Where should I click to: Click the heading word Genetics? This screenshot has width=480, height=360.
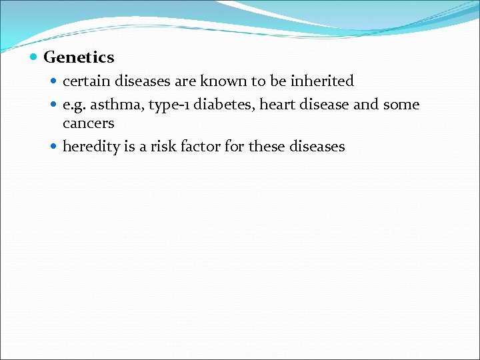tap(79, 58)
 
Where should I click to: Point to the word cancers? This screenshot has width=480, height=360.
tap(88, 123)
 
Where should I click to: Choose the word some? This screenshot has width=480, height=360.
tap(401, 105)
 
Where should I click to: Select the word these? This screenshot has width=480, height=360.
tap(266, 147)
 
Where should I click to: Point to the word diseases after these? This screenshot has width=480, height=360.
tap(317, 147)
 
